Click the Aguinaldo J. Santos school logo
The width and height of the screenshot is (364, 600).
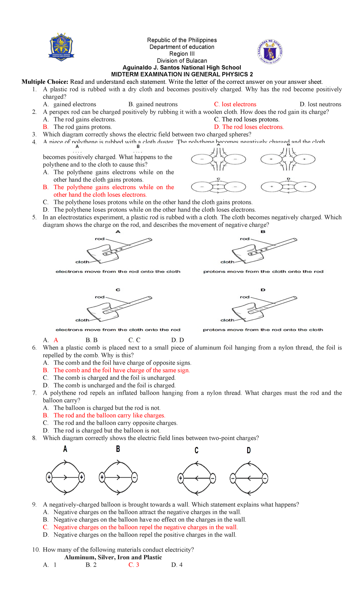62,47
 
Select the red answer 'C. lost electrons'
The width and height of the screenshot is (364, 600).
235,104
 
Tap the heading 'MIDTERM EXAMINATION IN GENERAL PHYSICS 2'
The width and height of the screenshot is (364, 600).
182,74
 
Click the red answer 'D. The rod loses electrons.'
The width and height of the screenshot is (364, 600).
249,127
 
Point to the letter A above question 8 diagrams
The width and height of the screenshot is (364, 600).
65,449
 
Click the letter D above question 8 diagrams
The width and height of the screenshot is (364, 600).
249,450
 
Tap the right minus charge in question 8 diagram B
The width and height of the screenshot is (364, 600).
135,477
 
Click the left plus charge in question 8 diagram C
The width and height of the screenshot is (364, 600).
180,479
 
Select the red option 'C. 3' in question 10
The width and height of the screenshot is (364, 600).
134,565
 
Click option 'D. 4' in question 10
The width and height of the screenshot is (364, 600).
177,565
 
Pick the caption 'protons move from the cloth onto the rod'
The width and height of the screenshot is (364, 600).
263,271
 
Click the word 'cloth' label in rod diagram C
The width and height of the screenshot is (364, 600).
82,320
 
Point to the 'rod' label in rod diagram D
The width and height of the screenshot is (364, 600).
244,297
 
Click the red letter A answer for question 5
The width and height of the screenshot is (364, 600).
56,340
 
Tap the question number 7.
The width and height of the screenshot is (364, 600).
34,393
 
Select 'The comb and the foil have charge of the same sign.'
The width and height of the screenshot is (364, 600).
121,370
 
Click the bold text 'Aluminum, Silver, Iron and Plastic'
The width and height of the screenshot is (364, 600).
113,557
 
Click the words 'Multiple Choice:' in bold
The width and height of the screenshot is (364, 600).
45,82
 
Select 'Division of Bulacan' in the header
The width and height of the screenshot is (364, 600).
182,61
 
